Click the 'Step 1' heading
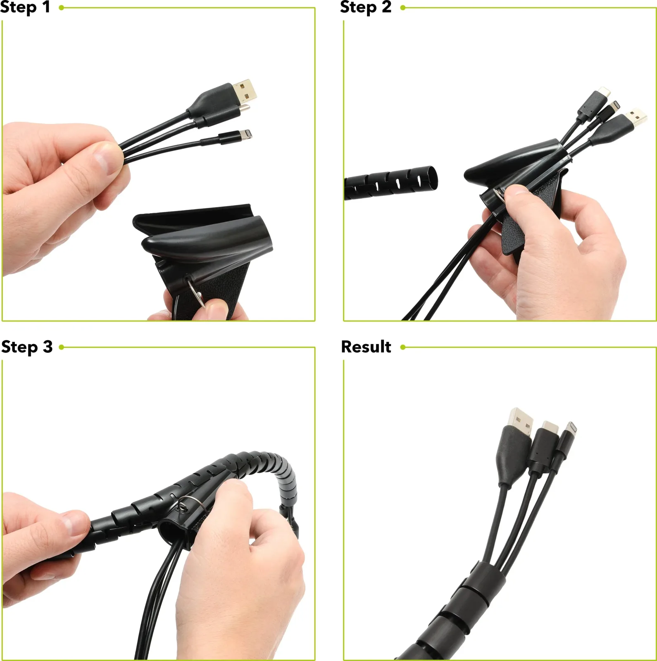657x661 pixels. click(x=25, y=7)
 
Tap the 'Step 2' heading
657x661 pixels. click(x=366, y=7)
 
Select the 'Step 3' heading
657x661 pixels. click(x=27, y=347)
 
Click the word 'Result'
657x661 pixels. click(x=366, y=347)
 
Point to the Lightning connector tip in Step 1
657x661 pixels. click(x=248, y=134)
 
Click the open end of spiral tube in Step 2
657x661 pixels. click(x=430, y=178)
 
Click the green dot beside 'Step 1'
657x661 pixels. click(x=62, y=7)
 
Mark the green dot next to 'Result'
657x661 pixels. click(x=403, y=347)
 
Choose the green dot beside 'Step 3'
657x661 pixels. click(x=62, y=347)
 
